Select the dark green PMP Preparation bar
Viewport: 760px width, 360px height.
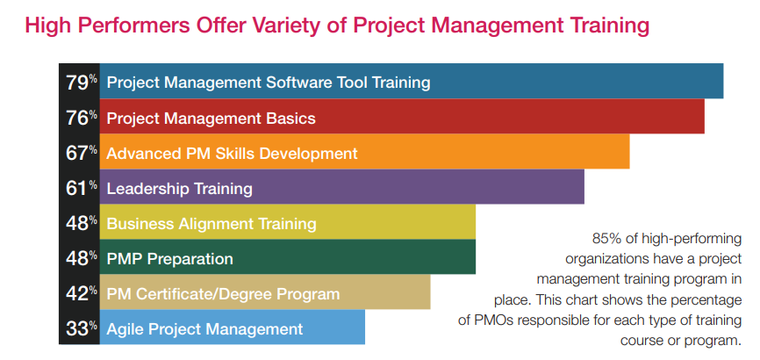(x=288, y=256)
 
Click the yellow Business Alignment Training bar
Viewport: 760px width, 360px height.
(x=288, y=222)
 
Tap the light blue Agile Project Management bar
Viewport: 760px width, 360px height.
(x=233, y=327)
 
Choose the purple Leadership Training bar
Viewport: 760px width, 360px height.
(x=341, y=187)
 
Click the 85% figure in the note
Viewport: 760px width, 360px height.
(x=605, y=238)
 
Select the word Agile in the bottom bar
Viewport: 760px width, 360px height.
(x=125, y=329)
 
